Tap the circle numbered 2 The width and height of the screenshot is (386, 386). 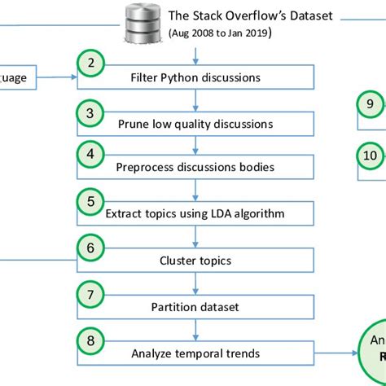(90, 64)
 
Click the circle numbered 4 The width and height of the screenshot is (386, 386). (90, 152)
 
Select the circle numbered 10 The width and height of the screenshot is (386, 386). (371, 154)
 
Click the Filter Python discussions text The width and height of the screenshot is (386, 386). (195, 78)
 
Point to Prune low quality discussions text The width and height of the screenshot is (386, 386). (195, 124)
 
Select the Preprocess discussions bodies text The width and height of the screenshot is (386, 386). (195, 168)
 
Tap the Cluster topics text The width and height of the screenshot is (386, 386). (195, 261)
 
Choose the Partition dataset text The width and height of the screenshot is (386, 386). (195, 307)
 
